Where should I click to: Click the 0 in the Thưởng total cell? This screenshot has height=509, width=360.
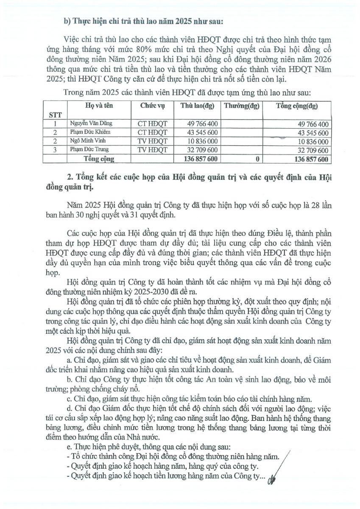pyautogui.click(x=257, y=159)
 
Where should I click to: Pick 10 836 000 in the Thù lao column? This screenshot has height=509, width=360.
pyautogui.click(x=203, y=141)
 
